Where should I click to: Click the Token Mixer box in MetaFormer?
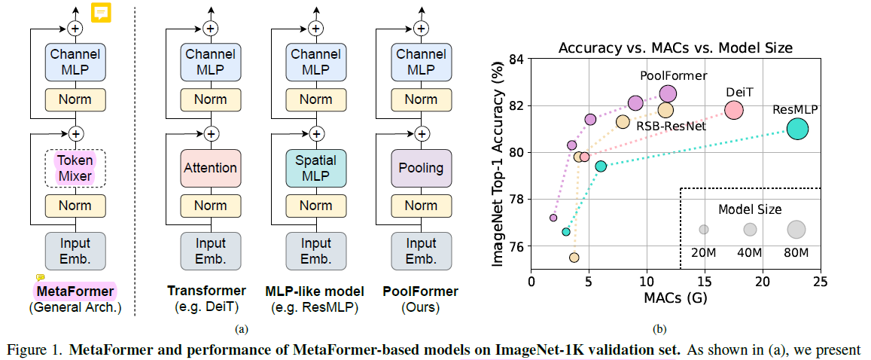pos(75,167)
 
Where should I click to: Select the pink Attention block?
pos(210,168)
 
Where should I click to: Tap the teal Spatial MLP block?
pos(315,168)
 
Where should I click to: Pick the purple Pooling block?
pos(421,168)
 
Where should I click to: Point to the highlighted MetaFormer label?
pos(75,291)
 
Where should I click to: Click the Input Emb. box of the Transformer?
pos(210,251)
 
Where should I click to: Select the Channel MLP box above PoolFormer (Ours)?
pos(421,62)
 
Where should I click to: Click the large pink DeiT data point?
pos(733,110)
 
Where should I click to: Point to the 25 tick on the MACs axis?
pos(820,281)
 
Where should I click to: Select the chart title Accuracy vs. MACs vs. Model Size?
pos(675,47)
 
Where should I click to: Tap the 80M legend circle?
pos(796,229)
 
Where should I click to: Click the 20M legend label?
pos(703,252)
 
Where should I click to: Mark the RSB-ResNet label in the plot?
pos(672,126)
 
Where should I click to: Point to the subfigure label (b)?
pos(660,329)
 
